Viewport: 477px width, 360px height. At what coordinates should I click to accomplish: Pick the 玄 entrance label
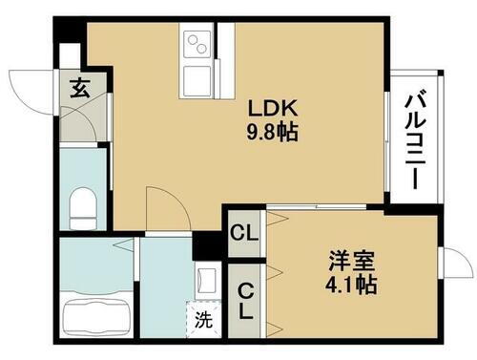[79, 92]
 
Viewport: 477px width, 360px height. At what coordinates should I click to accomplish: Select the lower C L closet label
[245, 299]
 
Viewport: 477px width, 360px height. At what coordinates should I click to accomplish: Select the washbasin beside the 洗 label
[205, 280]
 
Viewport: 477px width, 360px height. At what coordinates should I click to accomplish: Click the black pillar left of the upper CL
[205, 246]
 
